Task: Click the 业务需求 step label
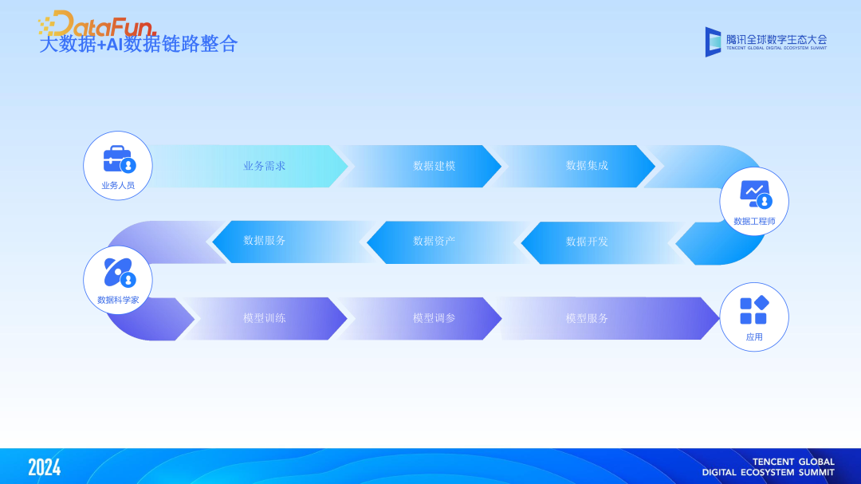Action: point(265,166)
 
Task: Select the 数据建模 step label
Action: point(434,166)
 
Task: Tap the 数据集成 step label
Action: point(587,166)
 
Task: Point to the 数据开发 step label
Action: point(587,242)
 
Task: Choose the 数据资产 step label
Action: point(434,241)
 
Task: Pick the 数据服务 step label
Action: point(265,240)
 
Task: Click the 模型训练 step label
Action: point(265,318)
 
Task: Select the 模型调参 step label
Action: point(434,318)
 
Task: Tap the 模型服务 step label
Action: point(587,318)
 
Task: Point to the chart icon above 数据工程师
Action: point(754,194)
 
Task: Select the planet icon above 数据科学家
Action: point(119,273)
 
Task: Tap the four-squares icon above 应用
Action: point(754,310)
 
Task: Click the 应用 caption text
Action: point(754,337)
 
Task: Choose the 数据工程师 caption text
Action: point(754,221)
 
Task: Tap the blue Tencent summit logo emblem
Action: point(713,41)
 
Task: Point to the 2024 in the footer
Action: point(44,467)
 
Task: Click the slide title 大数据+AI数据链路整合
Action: point(139,44)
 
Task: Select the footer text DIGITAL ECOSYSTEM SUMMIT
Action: point(768,472)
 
